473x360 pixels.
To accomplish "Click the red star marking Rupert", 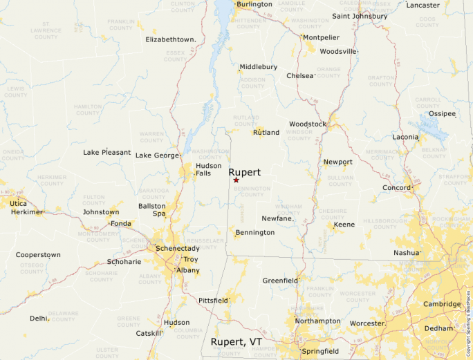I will point(236,180).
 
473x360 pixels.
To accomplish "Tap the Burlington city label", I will point(254,4).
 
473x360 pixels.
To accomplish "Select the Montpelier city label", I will point(321,37).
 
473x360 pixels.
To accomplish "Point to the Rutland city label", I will point(266,132).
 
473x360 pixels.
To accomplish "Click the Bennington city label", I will point(254,232).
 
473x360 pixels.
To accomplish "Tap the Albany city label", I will point(188,270).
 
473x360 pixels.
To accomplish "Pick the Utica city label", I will point(19,204).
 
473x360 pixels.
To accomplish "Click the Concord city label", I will point(397,188).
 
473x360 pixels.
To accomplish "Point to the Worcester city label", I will point(367,323).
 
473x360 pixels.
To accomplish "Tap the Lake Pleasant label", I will point(106,152).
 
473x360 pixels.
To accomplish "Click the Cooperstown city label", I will point(38,255).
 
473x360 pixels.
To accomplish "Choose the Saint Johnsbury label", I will point(360,16).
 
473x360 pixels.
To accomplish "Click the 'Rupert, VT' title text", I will point(236,342).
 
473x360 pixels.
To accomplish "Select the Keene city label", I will point(344,225).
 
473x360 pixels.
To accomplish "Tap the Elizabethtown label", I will point(170,39).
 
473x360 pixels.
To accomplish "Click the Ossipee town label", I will point(443,113).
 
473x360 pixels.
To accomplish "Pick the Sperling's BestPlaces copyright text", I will point(468,325).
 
